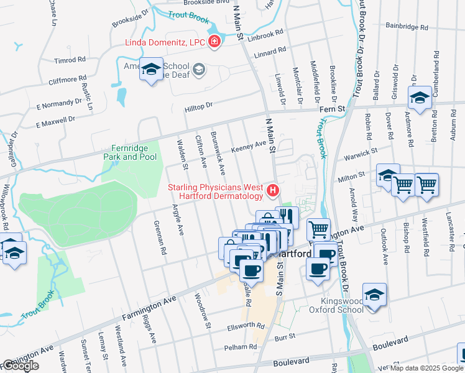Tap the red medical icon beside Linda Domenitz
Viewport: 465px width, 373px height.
point(214,42)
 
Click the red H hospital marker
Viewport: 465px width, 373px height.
point(272,190)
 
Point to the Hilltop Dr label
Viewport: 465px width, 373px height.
point(198,106)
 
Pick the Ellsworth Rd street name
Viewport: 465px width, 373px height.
point(247,325)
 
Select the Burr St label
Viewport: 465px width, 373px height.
point(283,336)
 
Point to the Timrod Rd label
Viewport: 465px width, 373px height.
point(70,60)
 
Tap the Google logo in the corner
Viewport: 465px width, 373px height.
point(20,366)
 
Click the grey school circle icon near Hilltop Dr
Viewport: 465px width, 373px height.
point(198,68)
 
